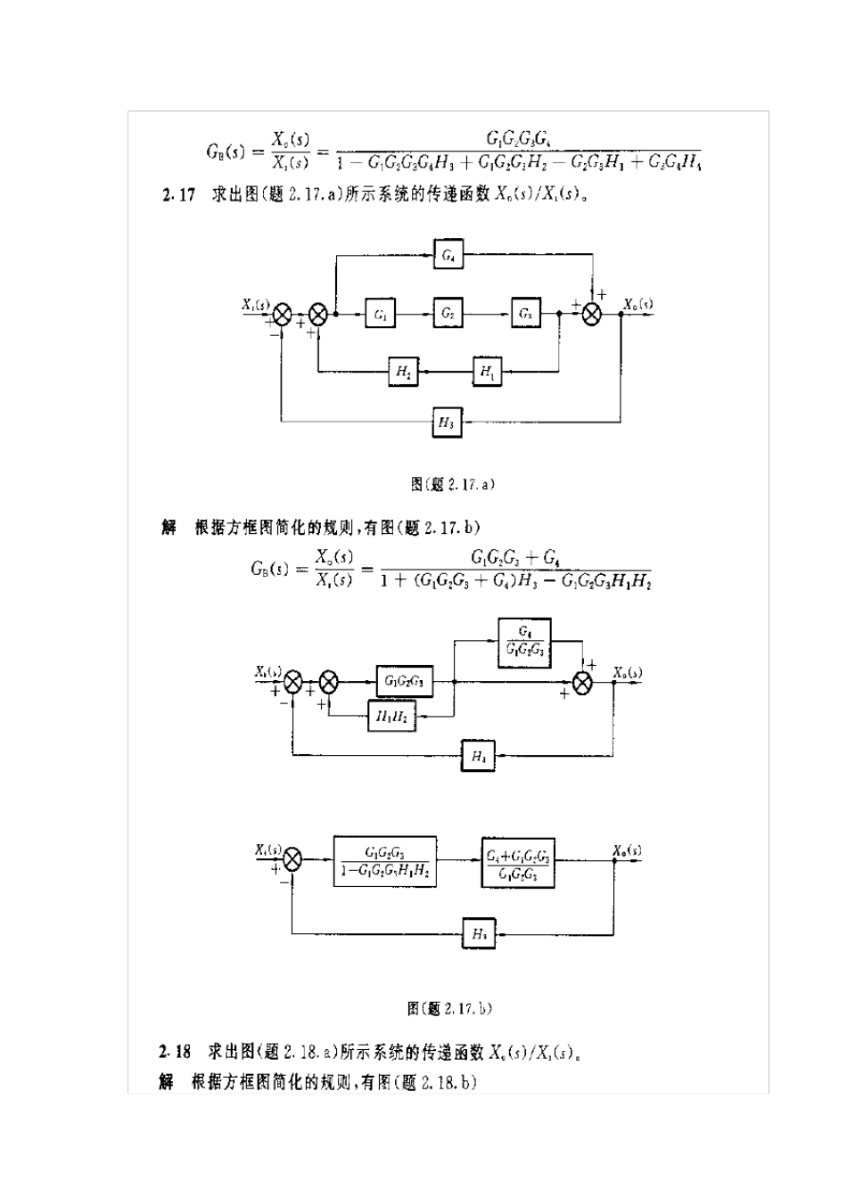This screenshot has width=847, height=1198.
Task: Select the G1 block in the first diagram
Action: (381, 314)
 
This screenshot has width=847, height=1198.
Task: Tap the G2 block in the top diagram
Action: (448, 314)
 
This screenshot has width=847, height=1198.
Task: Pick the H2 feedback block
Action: (403, 371)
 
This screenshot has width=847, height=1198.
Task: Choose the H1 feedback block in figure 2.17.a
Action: (487, 371)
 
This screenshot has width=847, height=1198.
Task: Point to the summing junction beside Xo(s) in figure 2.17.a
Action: (591, 314)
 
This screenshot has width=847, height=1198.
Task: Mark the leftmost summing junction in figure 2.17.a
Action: (282, 314)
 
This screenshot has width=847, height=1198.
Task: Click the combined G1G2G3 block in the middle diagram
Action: (405, 682)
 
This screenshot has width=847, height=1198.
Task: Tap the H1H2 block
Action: (391, 715)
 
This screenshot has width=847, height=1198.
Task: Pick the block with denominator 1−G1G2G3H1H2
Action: (385, 860)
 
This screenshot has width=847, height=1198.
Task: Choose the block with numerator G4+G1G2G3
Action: (518, 862)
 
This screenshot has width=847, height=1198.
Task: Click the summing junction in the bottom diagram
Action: (292, 860)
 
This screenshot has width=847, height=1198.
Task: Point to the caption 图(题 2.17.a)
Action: (452, 484)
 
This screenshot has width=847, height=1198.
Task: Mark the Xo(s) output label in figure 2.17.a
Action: (637, 304)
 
